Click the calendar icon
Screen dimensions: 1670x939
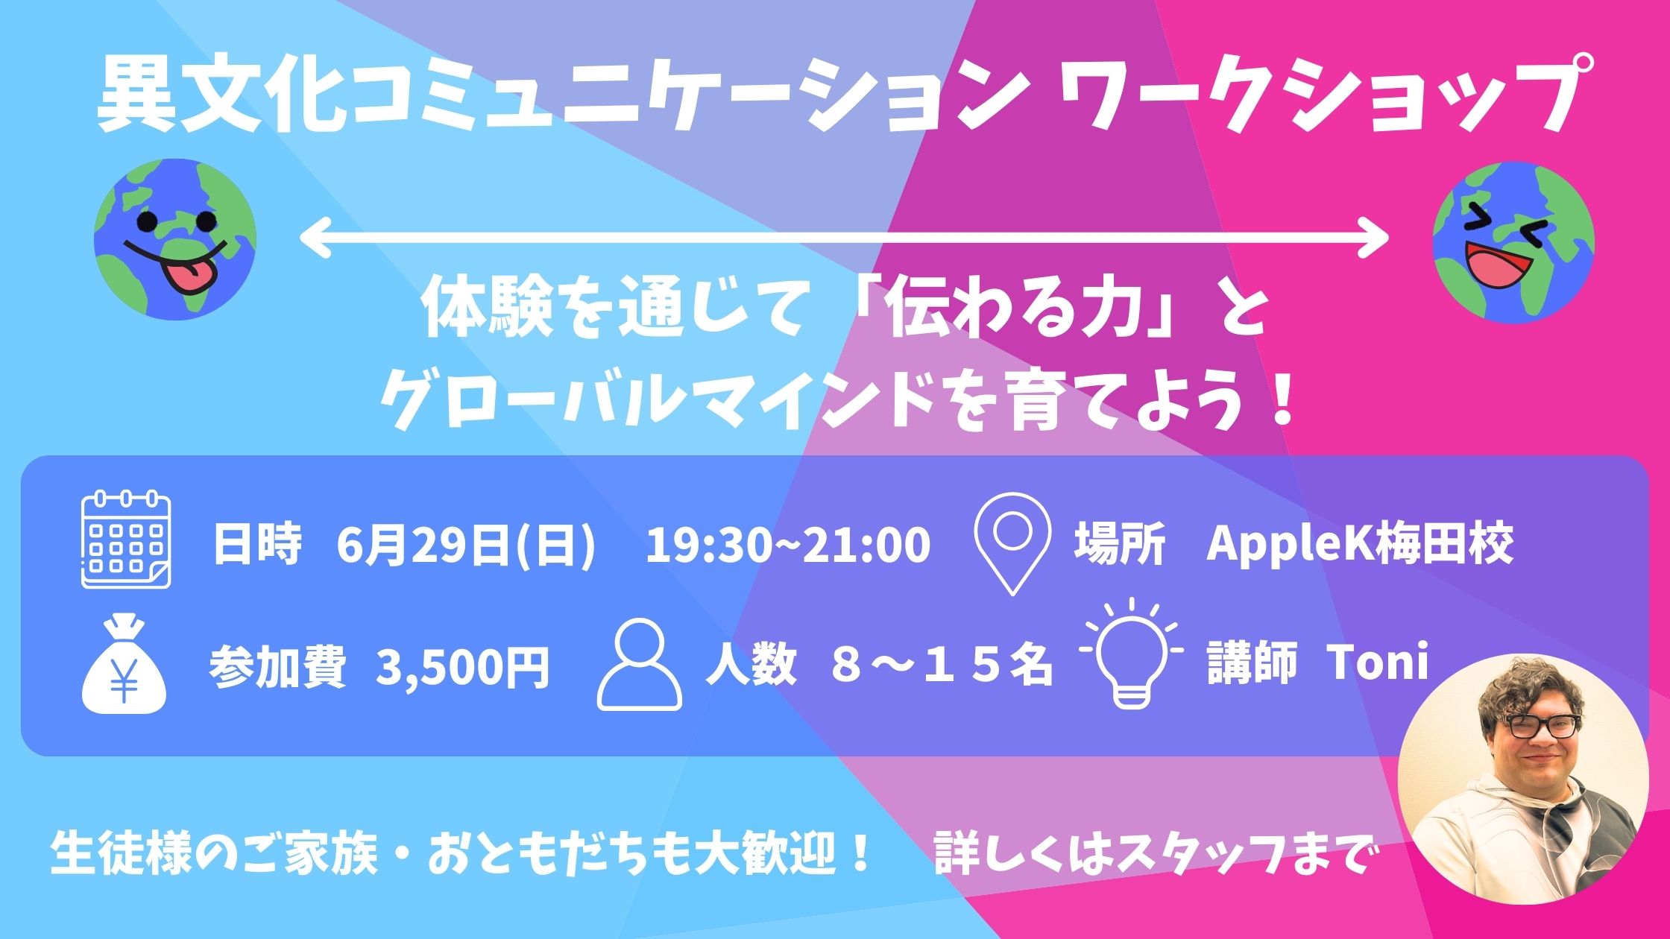[125, 540]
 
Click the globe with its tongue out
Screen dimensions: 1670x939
[175, 239]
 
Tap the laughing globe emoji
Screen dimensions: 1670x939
[1513, 242]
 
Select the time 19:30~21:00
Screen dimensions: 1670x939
[788, 545]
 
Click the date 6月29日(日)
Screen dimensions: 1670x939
[467, 545]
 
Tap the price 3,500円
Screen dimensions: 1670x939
[463, 666]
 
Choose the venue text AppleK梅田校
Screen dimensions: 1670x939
[1360, 545]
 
